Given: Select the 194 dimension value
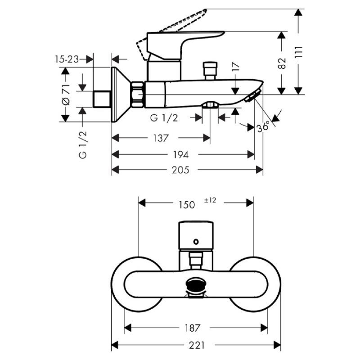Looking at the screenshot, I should (181, 154).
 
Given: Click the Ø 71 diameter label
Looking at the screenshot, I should (65, 95).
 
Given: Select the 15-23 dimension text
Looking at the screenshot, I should (67, 59).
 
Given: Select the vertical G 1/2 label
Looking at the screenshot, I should (82, 145).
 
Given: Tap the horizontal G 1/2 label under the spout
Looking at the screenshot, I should (164, 118).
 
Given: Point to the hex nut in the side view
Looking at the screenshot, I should (138, 94).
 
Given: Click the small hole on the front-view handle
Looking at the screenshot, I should (196, 242).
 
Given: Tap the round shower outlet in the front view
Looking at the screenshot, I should (196, 285).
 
